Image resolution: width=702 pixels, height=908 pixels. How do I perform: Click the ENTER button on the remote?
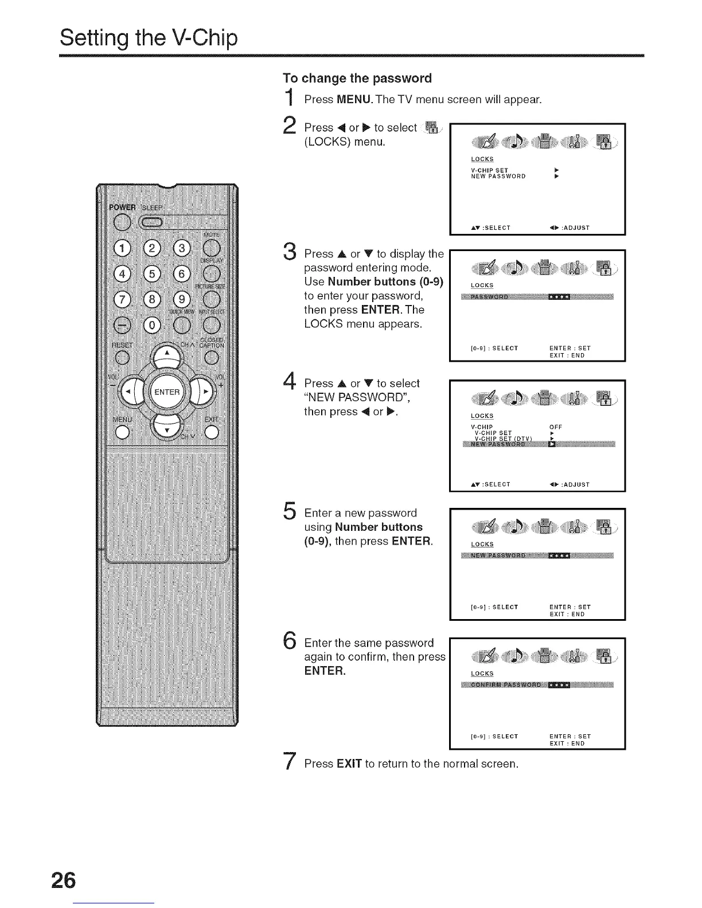(x=166, y=393)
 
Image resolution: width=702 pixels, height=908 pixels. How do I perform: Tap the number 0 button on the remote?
(x=152, y=325)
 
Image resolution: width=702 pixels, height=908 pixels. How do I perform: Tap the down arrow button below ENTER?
(x=166, y=429)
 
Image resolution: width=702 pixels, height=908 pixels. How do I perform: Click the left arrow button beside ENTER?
(x=131, y=393)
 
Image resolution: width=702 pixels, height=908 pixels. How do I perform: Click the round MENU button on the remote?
(x=122, y=433)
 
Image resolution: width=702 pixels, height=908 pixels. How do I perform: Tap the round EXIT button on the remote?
(x=212, y=433)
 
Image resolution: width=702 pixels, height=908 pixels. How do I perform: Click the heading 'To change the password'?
(x=357, y=78)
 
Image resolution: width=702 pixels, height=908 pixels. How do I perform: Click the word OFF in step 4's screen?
(x=555, y=427)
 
